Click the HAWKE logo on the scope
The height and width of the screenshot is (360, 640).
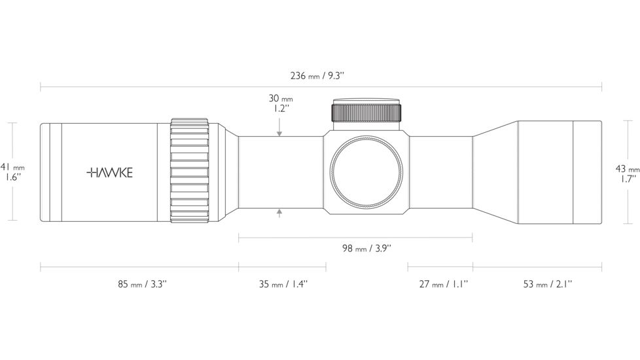click(x=110, y=173)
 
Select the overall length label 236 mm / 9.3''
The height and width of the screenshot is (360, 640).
click(x=317, y=75)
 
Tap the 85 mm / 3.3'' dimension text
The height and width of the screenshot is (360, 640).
click(x=143, y=283)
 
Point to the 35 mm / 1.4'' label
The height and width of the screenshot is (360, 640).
click(x=283, y=283)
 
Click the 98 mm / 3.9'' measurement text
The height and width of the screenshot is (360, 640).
click(x=366, y=248)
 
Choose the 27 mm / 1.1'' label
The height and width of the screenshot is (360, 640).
click(x=444, y=283)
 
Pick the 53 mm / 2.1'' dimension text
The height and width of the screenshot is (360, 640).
click(x=548, y=283)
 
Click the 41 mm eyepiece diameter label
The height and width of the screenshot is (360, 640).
click(x=12, y=171)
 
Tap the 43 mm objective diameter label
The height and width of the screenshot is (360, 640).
click(x=628, y=173)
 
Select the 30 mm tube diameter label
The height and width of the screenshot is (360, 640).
click(x=280, y=103)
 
